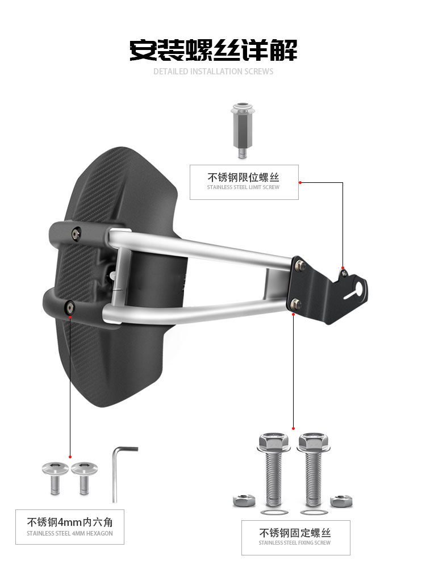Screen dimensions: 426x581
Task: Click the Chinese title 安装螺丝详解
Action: (x=213, y=50)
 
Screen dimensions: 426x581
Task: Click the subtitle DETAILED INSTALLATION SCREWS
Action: (x=214, y=72)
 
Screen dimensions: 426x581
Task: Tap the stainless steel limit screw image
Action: (x=243, y=130)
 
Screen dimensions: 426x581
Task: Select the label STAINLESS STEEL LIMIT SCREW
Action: (x=243, y=187)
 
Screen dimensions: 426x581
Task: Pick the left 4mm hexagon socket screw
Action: (x=55, y=478)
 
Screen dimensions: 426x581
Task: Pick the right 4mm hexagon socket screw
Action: (x=84, y=478)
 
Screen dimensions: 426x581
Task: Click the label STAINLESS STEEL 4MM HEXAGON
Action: (x=70, y=533)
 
